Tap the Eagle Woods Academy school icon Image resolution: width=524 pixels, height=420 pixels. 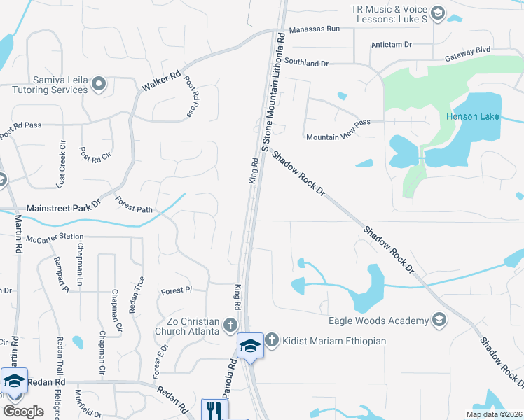point(439,321)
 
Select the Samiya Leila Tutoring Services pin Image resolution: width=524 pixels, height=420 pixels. point(99,85)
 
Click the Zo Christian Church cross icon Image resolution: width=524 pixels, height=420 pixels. point(230,325)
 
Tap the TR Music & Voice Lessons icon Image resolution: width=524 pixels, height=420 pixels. point(438,13)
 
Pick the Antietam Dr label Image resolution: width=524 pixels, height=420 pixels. point(392,44)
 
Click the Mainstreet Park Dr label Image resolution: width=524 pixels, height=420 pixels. point(64,209)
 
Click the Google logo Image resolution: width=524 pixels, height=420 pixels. point(23,411)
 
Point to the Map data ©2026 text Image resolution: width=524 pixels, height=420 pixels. point(494,414)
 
